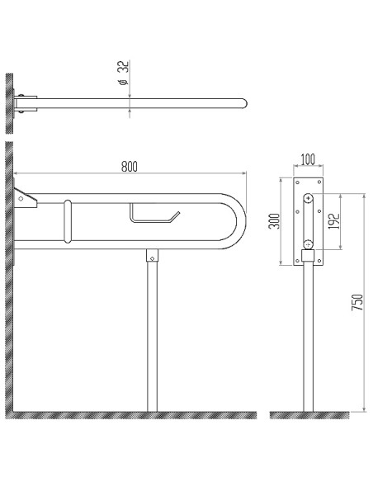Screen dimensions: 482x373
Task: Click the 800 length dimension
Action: (x=129, y=165)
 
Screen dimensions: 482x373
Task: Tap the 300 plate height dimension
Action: (x=275, y=221)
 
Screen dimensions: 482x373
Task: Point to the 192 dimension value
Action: (x=333, y=220)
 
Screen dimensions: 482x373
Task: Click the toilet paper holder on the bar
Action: (x=153, y=215)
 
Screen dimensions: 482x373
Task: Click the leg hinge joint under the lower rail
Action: (x=152, y=256)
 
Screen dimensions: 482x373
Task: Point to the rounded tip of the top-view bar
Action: (x=243, y=103)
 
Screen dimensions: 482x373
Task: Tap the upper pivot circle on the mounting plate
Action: (x=308, y=198)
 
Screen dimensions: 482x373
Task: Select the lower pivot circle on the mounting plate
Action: (x=308, y=244)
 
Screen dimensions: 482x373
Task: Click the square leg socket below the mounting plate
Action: (x=308, y=258)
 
